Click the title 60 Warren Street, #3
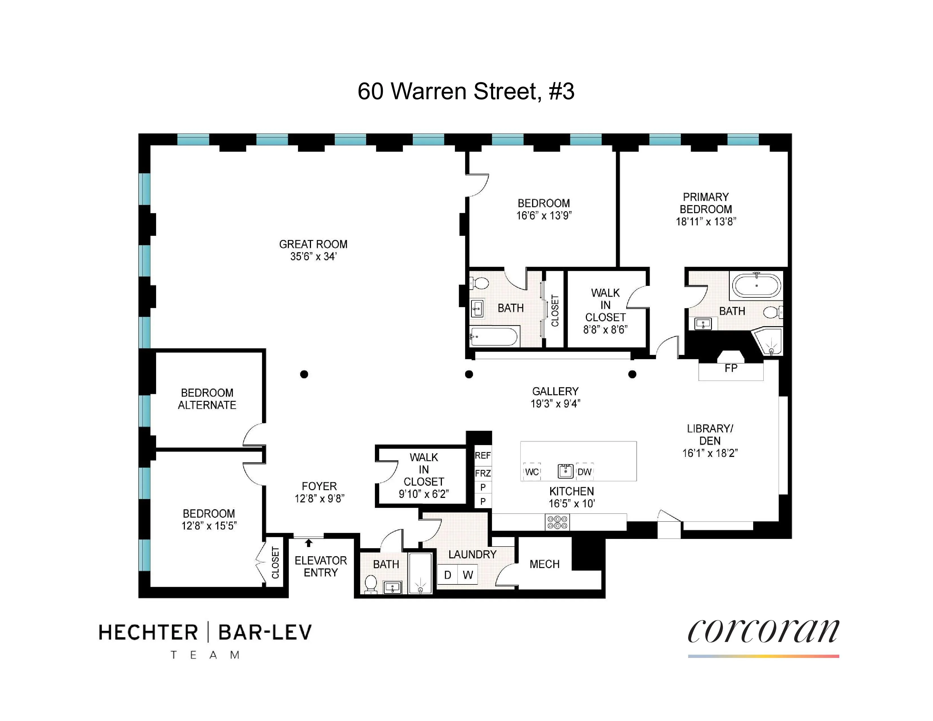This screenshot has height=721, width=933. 466,91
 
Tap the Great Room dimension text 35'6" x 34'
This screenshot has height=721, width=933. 313,257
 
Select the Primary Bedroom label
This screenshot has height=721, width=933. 706,203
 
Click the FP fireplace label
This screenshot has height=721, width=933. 731,368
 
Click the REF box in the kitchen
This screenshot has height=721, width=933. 483,456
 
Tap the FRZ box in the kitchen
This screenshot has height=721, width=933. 483,473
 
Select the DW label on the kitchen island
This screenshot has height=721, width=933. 584,472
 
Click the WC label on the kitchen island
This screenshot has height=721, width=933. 532,472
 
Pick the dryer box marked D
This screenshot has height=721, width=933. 447,575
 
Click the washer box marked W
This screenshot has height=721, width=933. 468,575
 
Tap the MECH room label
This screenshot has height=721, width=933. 544,564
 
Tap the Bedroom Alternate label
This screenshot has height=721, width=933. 207,399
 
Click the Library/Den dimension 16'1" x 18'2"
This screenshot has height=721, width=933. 710,453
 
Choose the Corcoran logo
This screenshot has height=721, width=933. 763,632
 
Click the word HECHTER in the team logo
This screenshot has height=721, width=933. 148,633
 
